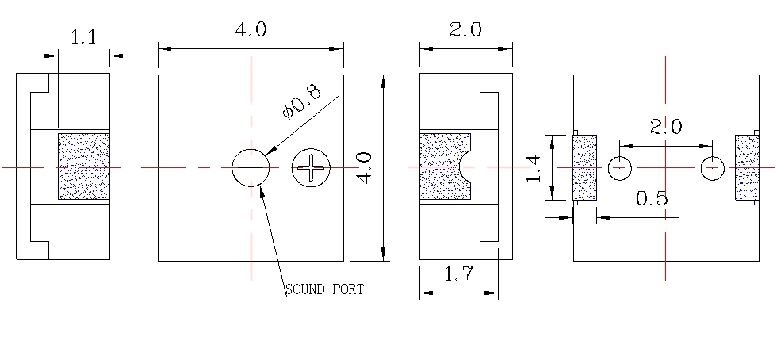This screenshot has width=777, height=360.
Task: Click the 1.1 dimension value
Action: point(83,37)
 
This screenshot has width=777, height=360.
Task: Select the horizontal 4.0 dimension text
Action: point(251,30)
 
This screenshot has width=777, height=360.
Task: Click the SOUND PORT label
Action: point(323,289)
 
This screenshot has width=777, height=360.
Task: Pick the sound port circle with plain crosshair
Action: point(251,167)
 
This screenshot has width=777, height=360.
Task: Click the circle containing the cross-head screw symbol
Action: point(310,167)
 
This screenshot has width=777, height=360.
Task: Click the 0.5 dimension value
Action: point(652,198)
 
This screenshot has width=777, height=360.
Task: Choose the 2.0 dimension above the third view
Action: point(465,30)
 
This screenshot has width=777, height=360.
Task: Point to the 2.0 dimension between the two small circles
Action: point(665,127)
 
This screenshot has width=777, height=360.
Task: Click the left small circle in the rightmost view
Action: point(619,168)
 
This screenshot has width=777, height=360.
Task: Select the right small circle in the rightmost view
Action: point(713,168)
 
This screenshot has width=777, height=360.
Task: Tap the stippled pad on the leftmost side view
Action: point(83,167)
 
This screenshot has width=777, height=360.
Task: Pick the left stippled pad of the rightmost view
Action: point(584,168)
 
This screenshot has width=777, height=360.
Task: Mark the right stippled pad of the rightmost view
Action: point(746,168)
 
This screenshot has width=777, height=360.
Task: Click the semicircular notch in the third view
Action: point(465,167)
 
